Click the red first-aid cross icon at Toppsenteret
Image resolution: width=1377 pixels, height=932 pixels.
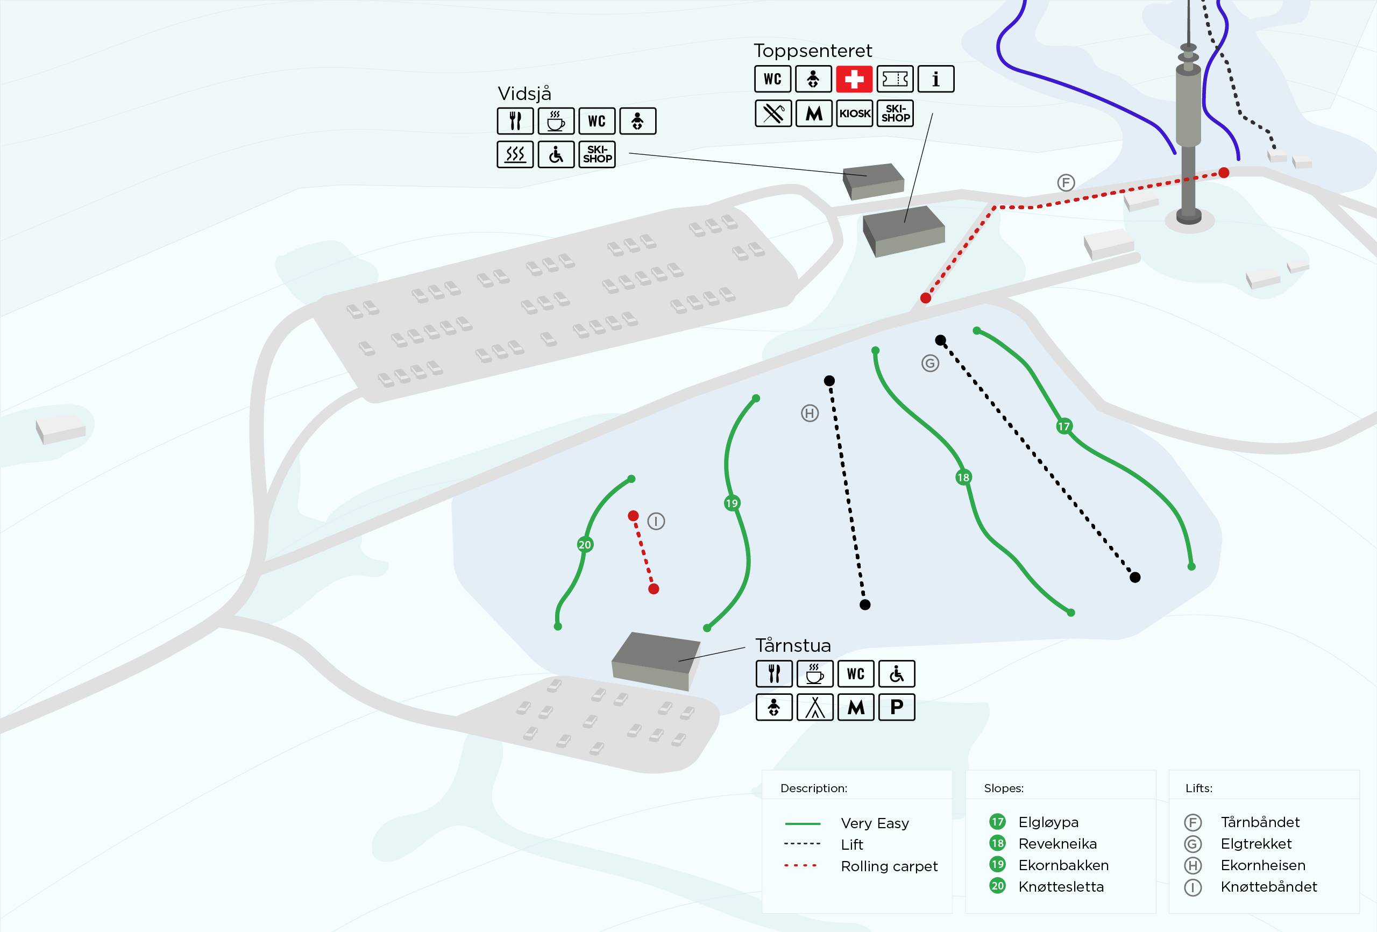click(x=854, y=79)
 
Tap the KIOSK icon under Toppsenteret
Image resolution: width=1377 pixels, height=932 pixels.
click(x=854, y=113)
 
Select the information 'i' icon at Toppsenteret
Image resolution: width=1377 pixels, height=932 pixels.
click(x=935, y=79)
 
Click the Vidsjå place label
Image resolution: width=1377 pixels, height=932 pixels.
click(x=524, y=94)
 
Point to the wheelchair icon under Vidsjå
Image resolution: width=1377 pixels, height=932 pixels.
click(x=556, y=155)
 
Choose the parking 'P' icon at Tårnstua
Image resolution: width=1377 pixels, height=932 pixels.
click(x=897, y=707)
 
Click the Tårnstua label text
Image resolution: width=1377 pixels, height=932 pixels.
click(x=793, y=645)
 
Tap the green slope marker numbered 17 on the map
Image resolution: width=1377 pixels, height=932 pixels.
click(x=1064, y=426)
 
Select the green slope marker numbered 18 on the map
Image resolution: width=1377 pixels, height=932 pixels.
click(x=963, y=477)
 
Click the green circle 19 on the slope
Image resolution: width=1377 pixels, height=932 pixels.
click(x=732, y=503)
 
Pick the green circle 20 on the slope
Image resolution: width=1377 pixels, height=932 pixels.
click(x=585, y=544)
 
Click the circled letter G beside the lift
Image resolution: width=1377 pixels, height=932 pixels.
click(x=930, y=363)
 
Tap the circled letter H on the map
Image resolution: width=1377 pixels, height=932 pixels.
click(x=810, y=413)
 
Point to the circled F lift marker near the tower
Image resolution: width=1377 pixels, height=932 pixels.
click(x=1066, y=182)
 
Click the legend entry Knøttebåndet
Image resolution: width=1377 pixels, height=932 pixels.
click(x=1268, y=886)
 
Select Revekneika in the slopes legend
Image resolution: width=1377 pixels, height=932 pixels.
click(x=1057, y=843)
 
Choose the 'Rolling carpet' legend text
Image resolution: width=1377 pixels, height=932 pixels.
click(x=889, y=866)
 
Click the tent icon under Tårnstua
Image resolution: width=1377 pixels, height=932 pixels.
click(x=815, y=707)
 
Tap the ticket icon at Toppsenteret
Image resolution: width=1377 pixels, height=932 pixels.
click(x=895, y=79)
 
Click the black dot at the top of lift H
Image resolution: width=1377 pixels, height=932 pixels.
click(x=829, y=380)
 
